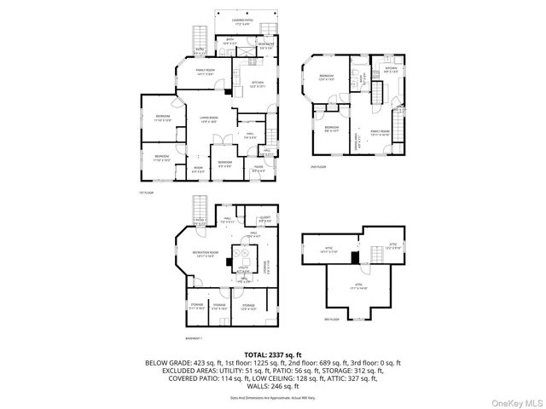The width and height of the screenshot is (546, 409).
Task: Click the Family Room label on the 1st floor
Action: click(x=205, y=72)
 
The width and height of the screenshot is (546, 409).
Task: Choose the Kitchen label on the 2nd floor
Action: click(x=391, y=71)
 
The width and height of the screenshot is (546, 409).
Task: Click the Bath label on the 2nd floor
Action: click(x=361, y=83)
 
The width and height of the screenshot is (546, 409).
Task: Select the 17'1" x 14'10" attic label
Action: click(x=358, y=286)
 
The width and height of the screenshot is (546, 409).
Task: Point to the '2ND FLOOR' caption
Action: click(x=318, y=167)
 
